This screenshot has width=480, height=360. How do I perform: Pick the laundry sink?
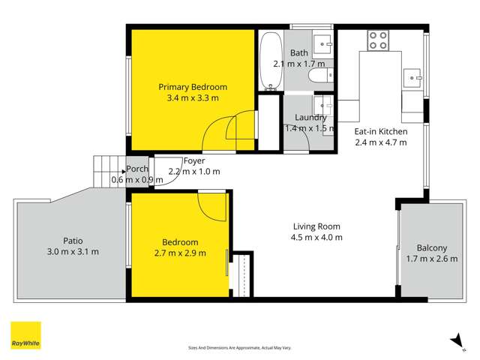322,103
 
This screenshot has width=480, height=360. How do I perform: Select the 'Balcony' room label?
431,248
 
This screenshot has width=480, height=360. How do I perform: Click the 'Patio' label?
73,241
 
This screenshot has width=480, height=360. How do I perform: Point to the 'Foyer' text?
193,160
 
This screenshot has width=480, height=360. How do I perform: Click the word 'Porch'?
136,169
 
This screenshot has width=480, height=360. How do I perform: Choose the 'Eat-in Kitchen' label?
380,131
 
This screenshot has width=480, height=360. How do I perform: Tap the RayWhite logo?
25,335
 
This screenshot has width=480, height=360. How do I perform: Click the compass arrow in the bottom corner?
454,340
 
